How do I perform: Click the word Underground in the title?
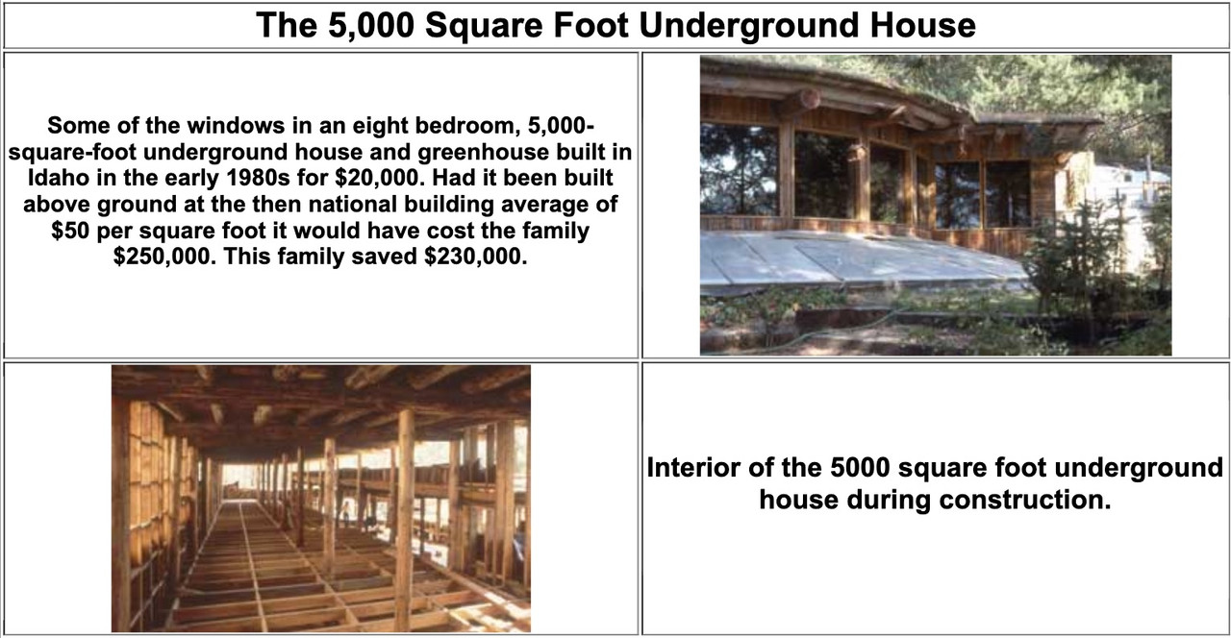coord(748,25)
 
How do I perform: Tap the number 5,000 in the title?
coord(371,25)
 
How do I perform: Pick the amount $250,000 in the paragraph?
coord(164,257)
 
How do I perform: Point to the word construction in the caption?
coord(1025,500)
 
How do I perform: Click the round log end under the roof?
coord(810,99)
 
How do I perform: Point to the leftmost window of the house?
coord(740,170)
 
